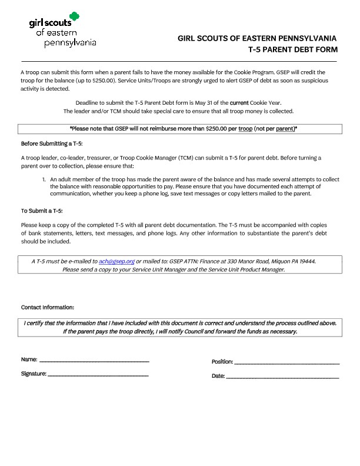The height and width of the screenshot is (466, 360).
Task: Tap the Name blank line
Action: [94, 360]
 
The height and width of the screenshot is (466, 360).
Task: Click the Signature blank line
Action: [98, 374]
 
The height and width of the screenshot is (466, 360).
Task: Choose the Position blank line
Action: [286, 362]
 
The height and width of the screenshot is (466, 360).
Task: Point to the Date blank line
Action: [282, 376]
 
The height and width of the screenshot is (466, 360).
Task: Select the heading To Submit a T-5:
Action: [41, 211]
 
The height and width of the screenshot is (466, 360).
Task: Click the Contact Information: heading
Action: [48, 308]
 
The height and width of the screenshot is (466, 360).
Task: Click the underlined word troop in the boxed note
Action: [246, 128]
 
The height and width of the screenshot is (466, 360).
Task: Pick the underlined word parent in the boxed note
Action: [285, 128]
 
